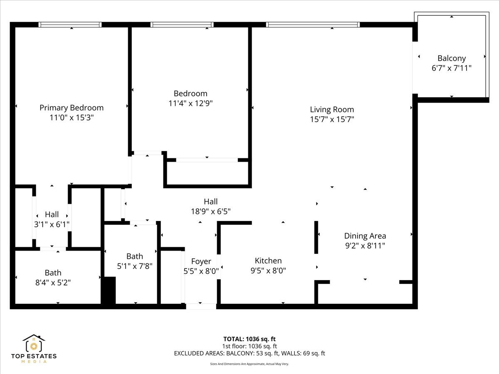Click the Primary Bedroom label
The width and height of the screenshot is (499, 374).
pos(71,108)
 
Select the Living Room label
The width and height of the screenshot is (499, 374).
pos(332,110)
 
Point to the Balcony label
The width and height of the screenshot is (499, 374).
pos(451,59)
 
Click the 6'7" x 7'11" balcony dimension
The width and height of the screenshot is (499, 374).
pos(451,68)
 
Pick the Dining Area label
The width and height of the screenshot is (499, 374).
pos(365,236)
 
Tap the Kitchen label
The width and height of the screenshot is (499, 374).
pos(268,261)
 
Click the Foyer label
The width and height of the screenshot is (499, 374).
pos(201,261)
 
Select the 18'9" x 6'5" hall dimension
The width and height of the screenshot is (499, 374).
pos(210,211)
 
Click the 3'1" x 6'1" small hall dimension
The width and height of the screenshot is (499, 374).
pos(52,224)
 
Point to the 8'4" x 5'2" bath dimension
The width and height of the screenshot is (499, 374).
pos(53,283)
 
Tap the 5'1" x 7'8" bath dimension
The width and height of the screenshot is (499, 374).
pos(134,266)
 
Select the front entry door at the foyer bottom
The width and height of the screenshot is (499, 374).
pos(201,306)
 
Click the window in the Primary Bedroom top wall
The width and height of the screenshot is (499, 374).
pos(70,25)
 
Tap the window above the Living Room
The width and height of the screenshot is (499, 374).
pos(313,25)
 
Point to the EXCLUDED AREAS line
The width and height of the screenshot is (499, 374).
pos(249,354)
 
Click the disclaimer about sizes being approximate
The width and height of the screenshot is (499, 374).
pos(249,364)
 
